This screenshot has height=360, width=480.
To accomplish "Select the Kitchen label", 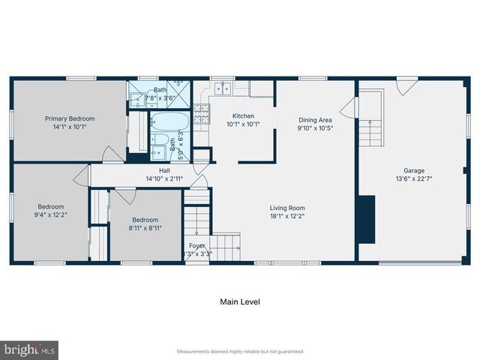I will pos(243,115).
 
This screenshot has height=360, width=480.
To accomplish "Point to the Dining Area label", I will pos(315,119).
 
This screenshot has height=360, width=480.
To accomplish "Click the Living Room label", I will pos(287,208).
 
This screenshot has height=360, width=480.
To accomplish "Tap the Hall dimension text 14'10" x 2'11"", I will pos(164,179).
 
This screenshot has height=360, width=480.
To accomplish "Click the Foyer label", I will pos(196,245).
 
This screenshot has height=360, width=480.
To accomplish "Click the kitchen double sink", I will pos(222,89).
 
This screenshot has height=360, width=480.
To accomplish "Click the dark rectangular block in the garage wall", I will pos(365,219).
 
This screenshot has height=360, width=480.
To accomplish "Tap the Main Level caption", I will pos(240,302).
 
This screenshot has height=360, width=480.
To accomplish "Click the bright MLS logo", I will pos(29,349).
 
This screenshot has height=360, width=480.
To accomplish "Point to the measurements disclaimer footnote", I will pos(239,351).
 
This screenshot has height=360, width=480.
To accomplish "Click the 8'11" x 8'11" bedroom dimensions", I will pos(145,229).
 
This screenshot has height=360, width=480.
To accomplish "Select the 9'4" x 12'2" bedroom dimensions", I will pos(51,215).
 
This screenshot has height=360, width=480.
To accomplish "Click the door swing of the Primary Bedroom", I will pos(113,154).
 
